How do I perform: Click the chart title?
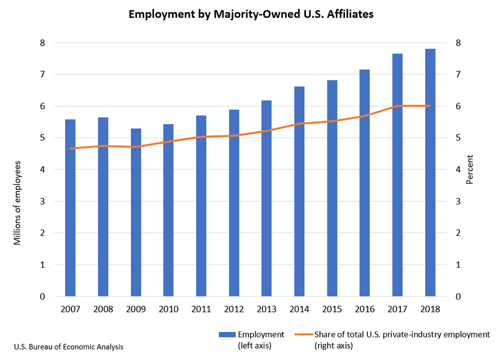click(x=251, y=14)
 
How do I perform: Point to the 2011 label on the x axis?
click(x=201, y=310)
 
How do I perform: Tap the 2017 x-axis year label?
click(x=397, y=310)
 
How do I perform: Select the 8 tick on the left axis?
click(x=42, y=43)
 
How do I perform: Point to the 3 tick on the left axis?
click(x=42, y=201)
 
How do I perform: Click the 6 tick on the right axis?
click(x=458, y=106)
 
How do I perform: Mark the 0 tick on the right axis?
click(x=458, y=297)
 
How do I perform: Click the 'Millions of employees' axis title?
click(x=18, y=202)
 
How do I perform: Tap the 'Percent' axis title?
click(x=470, y=169)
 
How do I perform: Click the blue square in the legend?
click(x=227, y=334)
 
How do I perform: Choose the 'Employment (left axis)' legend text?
click(x=260, y=340)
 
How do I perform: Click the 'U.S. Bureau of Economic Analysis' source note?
click(x=69, y=347)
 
